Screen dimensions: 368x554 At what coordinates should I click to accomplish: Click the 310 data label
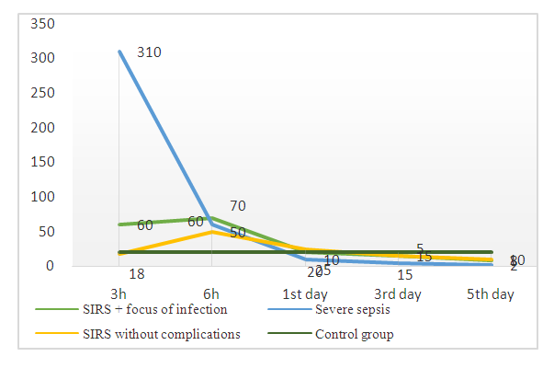pyautogui.click(x=149, y=52)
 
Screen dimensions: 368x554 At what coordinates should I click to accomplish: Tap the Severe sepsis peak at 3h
pyautogui.click(x=119, y=52)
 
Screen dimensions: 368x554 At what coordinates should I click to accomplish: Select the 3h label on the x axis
pyautogui.click(x=119, y=293)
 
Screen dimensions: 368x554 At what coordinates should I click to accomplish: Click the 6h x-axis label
pyautogui.click(x=211, y=293)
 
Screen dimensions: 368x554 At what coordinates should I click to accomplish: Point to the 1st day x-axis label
pyautogui.click(x=305, y=293)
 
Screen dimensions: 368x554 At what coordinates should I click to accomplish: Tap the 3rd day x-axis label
pyautogui.click(x=398, y=293)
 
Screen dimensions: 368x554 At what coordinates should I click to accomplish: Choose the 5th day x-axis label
pyautogui.click(x=491, y=293)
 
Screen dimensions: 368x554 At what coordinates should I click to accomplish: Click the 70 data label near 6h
pyautogui.click(x=238, y=206)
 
